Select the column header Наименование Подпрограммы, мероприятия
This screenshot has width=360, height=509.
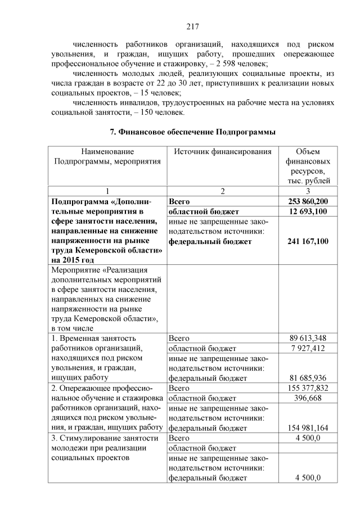[x=107, y=156]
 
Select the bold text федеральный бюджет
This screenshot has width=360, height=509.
[x=210, y=241]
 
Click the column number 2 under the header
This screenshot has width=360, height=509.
[x=223, y=191]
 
